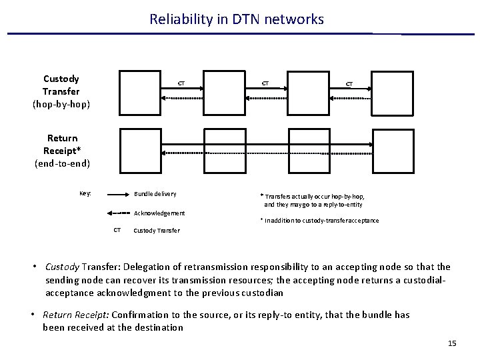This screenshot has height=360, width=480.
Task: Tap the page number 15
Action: [452, 343]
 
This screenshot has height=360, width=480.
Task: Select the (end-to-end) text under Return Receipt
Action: [62, 163]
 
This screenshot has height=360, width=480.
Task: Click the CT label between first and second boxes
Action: [180, 83]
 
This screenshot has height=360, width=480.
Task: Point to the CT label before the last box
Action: [349, 84]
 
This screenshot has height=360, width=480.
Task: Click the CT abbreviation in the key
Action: [117, 231]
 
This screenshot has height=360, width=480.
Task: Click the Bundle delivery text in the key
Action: [155, 194]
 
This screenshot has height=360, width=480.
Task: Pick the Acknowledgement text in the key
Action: [160, 213]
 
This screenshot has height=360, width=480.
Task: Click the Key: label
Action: [85, 193]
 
